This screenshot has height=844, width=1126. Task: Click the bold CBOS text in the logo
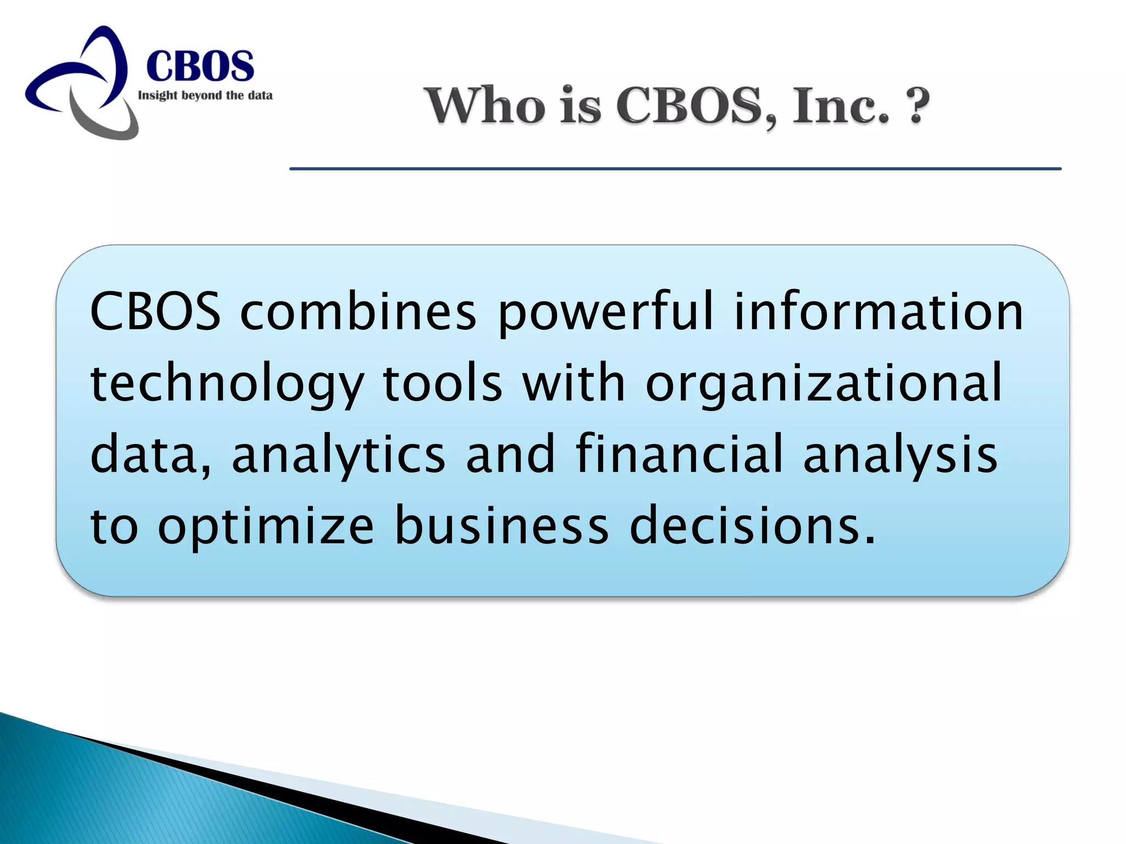(200, 66)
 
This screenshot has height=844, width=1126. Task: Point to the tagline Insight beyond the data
(205, 96)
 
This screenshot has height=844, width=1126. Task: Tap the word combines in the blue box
(358, 312)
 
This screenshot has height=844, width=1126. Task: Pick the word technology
(227, 384)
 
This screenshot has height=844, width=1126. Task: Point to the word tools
(442, 383)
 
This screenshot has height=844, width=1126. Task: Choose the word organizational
(824, 384)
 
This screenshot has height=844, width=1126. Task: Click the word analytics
(338, 455)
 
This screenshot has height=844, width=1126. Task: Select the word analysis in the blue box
(900, 455)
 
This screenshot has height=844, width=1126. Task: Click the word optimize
(266, 527)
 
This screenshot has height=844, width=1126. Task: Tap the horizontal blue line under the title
(675, 169)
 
